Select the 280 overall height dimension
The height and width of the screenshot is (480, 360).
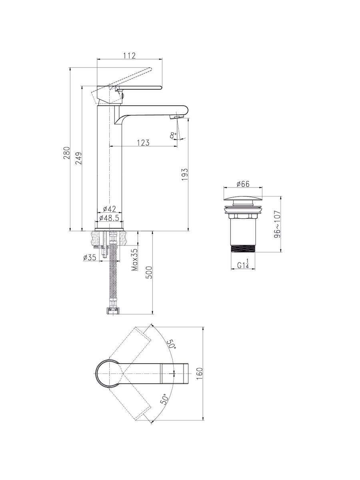[x=67, y=153]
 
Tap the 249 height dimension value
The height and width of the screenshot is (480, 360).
[x=78, y=158]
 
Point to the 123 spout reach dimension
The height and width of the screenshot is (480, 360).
[x=143, y=142]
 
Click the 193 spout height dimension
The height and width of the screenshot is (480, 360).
[x=185, y=174]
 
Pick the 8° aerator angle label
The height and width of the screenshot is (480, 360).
[x=173, y=135]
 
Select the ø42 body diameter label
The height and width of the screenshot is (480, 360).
[x=109, y=209]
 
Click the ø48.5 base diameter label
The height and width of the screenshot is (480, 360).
[x=109, y=218]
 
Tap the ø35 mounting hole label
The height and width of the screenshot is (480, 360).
[x=90, y=257]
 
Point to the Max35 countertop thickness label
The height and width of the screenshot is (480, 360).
[x=135, y=260]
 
